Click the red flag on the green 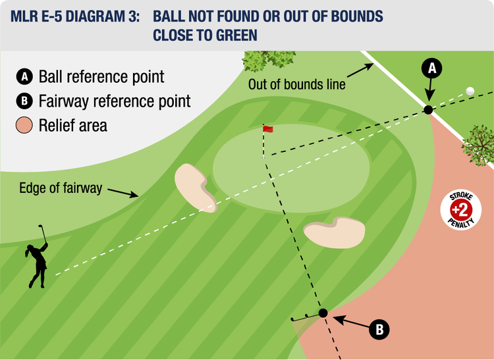(267, 129)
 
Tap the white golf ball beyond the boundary (470, 91)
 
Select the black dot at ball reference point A (428, 110)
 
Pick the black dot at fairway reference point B (323, 313)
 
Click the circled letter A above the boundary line (432, 67)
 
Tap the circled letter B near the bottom (378, 329)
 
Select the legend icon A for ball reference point (24, 77)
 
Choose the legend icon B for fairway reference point (24, 101)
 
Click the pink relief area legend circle (24, 125)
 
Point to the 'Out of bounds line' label (296, 84)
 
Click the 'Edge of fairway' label (61, 188)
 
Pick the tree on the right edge (479, 143)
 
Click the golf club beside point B (304, 319)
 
